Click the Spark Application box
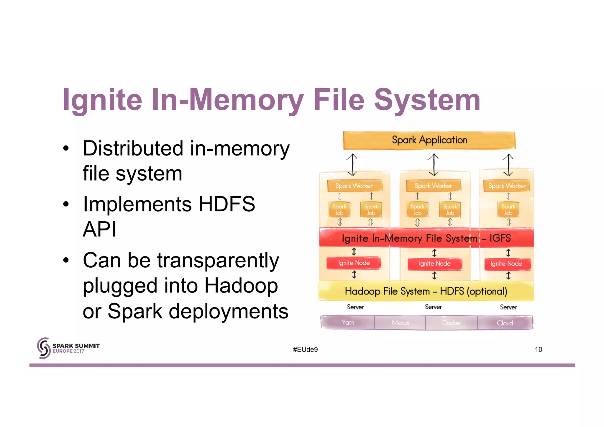coord(429,140)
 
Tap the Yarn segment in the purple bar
coord(348,323)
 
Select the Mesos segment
coord(400,323)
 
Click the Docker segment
coord(451,323)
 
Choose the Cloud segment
coord(505,323)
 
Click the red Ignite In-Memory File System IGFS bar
coord(426,238)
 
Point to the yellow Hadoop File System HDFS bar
coord(426,291)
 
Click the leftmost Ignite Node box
coord(354,263)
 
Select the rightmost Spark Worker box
coord(507,186)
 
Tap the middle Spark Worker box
coord(433,186)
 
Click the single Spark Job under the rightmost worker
coord(508,210)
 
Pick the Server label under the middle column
coord(433,307)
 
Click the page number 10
coord(538,349)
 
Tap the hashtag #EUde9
coord(305,349)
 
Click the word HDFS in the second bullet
coord(226,204)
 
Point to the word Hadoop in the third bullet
coord(241,286)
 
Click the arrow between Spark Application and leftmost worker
coord(352,165)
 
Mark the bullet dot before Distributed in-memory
coord(66,148)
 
